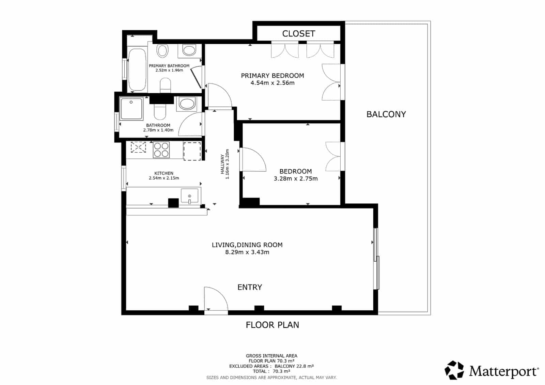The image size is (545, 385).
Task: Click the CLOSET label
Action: (x=298, y=34)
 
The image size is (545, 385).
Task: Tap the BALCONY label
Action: (x=386, y=114)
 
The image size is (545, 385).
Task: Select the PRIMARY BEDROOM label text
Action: (x=272, y=76)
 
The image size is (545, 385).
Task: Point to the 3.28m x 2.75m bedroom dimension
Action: (x=296, y=179)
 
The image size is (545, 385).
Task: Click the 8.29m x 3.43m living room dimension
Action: (x=247, y=252)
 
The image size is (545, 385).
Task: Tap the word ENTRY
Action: (x=250, y=287)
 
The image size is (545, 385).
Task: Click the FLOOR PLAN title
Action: (x=272, y=325)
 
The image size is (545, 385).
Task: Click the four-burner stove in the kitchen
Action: (x=161, y=150)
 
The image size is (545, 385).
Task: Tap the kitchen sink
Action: (x=189, y=196)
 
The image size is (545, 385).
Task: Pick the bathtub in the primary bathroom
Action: (x=137, y=70)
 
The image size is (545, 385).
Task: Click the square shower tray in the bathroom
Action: (x=131, y=109)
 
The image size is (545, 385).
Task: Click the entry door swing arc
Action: (x=220, y=294)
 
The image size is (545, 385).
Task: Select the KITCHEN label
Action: (x=164, y=173)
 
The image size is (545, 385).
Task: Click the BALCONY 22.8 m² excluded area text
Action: (x=294, y=366)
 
